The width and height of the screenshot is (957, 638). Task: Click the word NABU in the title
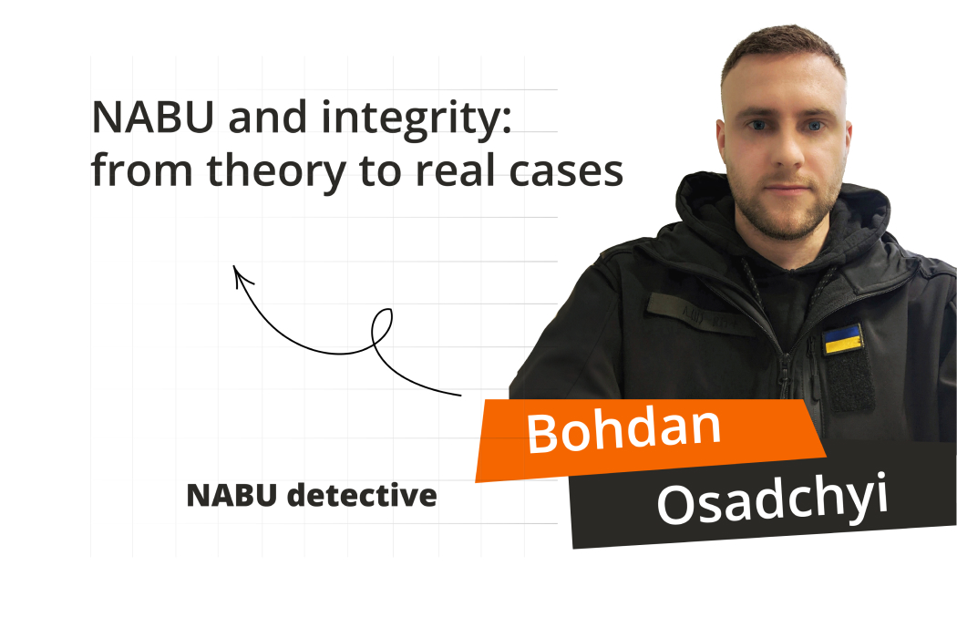click(x=152, y=117)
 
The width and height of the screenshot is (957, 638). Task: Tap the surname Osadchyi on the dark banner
click(x=772, y=501)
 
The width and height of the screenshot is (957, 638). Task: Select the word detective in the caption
click(x=362, y=495)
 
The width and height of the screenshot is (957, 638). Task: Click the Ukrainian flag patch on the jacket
click(x=843, y=339)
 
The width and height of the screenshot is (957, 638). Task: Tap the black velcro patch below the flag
click(x=850, y=383)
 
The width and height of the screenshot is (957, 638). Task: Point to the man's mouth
click(x=787, y=189)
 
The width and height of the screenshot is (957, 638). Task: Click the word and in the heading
click(x=267, y=117)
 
